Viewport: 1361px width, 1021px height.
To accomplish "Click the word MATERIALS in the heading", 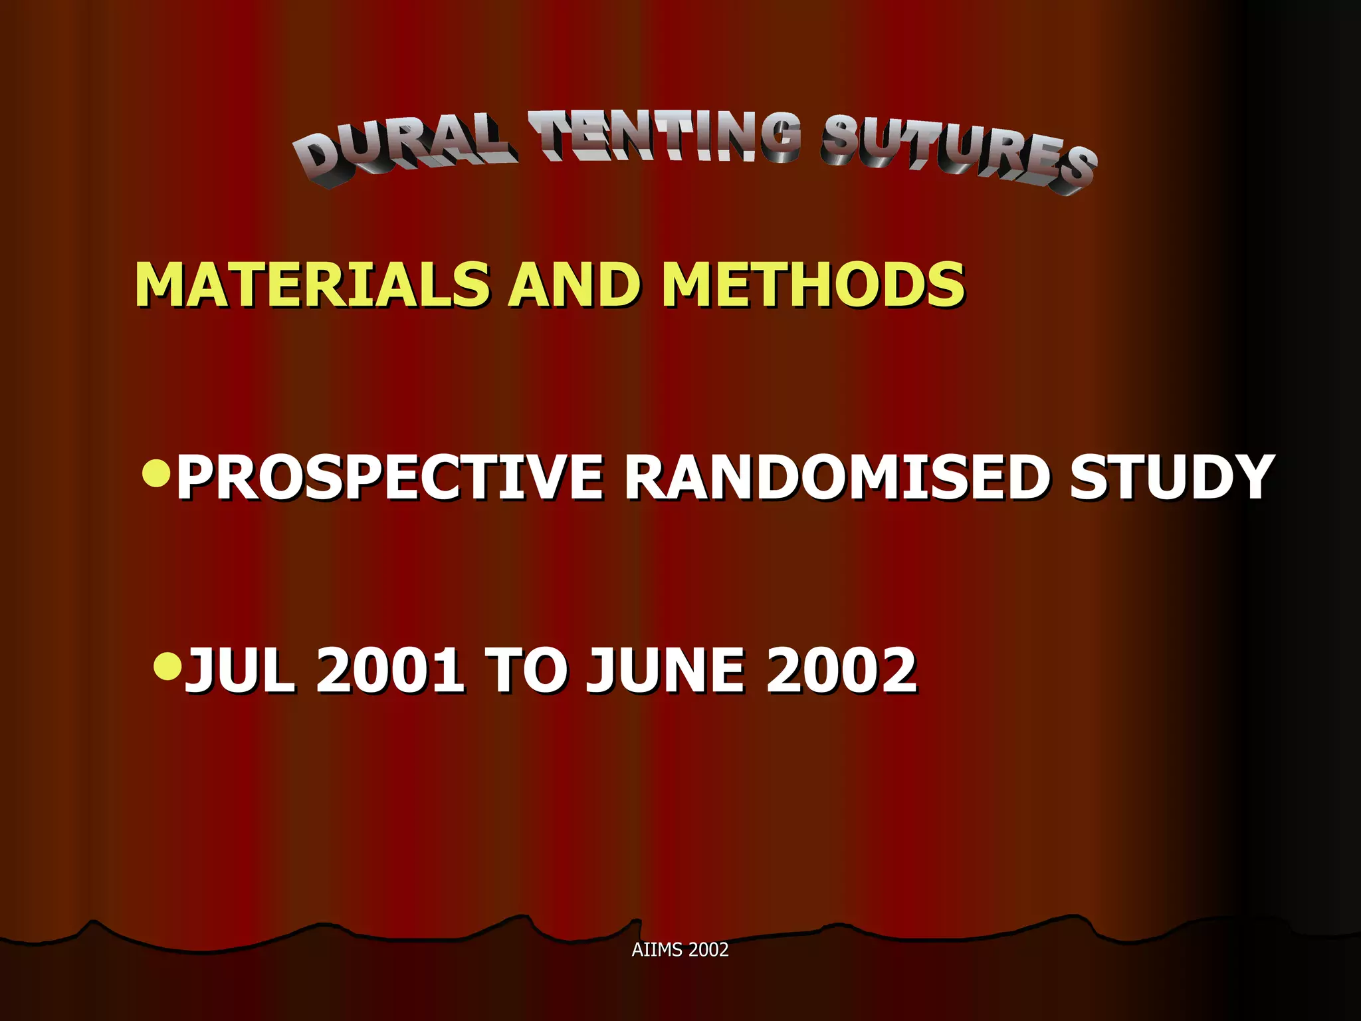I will click(x=313, y=284).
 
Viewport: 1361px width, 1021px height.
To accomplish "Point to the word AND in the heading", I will click(x=576, y=284).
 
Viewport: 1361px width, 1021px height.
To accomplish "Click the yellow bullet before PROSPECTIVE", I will click(x=157, y=473).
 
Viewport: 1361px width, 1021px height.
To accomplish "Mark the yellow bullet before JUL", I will click(x=167, y=665).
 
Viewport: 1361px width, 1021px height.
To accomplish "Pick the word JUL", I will click(x=240, y=671).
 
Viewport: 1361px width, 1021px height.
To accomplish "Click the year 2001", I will click(x=390, y=671).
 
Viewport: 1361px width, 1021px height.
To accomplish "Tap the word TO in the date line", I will click(x=526, y=671).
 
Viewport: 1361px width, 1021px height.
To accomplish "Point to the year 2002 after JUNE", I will click(x=841, y=671).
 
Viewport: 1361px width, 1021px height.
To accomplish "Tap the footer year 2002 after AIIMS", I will click(x=708, y=950).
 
